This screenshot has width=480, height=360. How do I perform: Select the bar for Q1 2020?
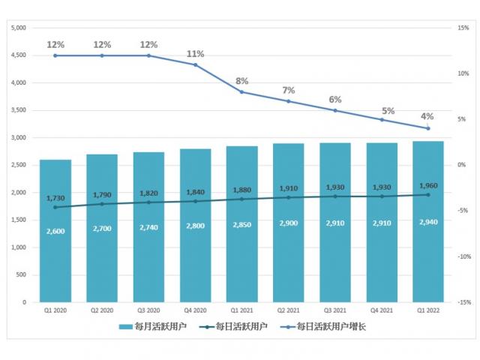point(55,255)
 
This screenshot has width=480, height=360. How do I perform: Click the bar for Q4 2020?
point(195,255)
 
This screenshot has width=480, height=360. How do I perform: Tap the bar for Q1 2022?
point(428,255)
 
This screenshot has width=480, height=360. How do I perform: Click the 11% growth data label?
point(195,54)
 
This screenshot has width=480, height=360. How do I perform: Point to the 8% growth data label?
point(241,81)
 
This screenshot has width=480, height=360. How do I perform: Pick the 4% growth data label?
point(427,116)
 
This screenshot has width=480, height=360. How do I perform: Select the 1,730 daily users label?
point(55,197)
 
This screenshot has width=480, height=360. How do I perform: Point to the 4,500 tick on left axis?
point(19,55)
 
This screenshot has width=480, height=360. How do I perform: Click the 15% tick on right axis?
point(463,28)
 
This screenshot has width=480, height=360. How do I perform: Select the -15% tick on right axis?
point(463,302)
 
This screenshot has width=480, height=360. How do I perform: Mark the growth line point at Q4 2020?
point(195,64)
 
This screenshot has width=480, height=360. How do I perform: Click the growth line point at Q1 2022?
point(428,128)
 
